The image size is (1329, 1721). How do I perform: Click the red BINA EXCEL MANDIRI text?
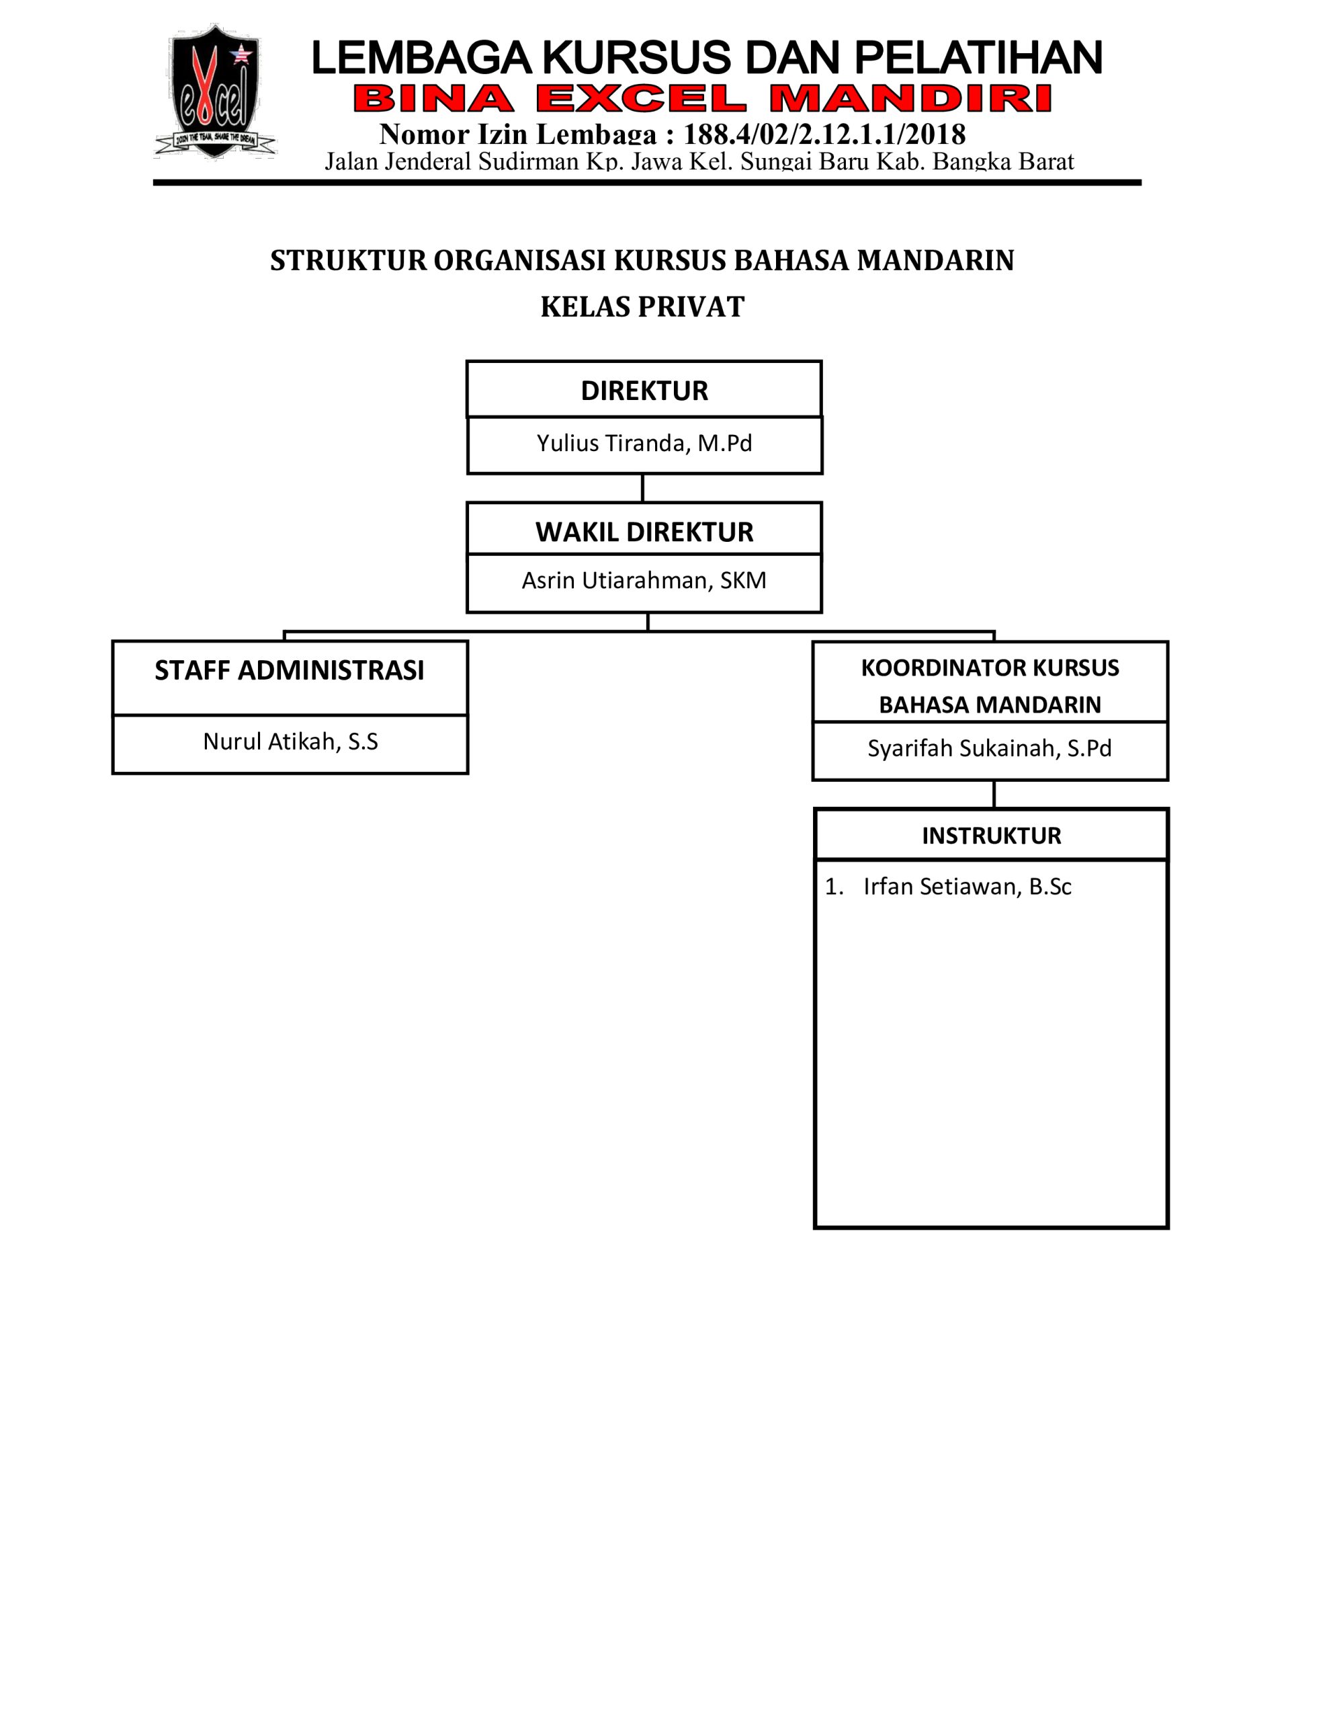[x=703, y=99]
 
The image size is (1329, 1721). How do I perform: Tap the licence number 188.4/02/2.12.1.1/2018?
[x=824, y=134]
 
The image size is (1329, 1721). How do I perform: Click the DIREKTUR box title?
[x=644, y=391]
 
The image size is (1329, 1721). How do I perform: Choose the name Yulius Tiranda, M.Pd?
[x=644, y=443]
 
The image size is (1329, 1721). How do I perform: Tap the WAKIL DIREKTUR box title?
[x=644, y=532]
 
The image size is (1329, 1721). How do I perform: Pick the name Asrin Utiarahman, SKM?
[x=644, y=580]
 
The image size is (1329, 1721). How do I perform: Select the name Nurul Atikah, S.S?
[x=291, y=741]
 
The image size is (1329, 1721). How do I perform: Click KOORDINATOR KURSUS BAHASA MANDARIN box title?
[x=990, y=686]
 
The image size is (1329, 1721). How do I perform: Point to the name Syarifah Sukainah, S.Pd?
[x=990, y=748]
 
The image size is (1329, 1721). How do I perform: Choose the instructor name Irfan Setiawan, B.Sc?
[x=968, y=887]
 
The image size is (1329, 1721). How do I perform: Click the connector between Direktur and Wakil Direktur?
[x=643, y=488]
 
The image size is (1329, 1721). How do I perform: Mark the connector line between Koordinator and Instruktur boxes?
[x=994, y=795]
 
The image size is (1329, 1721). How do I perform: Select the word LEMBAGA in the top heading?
[x=422, y=58]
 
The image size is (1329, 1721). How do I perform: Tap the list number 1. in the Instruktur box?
[x=834, y=887]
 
